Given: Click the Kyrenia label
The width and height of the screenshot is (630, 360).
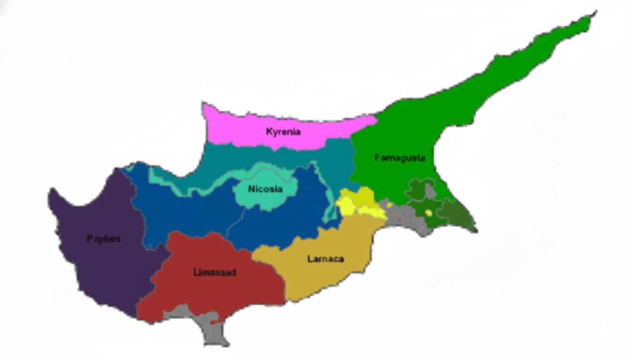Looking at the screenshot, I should (283, 132).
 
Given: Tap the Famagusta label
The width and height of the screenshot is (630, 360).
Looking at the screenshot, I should (400, 158).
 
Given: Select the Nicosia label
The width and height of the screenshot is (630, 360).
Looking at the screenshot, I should (265, 189).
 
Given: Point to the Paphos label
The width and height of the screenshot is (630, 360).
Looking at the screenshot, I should (104, 239).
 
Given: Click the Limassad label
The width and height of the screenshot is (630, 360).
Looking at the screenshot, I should (215, 272).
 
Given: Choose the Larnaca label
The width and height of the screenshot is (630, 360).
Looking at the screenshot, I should (325, 259).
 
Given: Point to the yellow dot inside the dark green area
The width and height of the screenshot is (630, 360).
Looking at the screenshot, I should (428, 213).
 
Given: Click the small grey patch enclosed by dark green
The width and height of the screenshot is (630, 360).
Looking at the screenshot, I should (429, 190).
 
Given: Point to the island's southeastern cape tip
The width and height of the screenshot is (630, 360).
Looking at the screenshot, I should (476, 230).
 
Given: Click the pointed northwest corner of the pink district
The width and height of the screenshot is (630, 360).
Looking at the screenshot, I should (203, 104).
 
